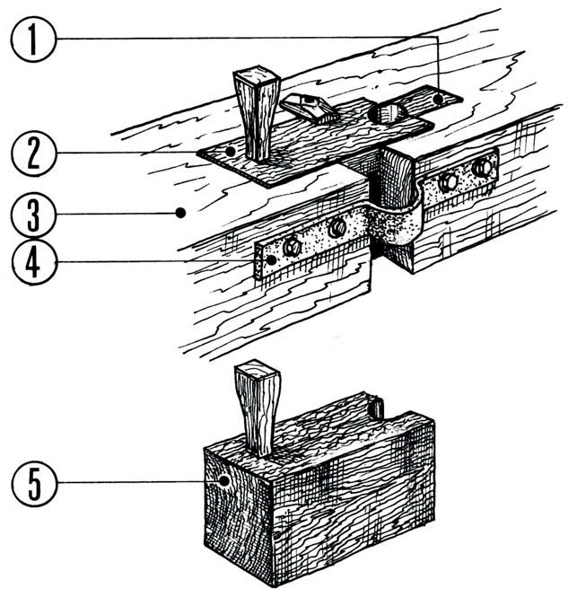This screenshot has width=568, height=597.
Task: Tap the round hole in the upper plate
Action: [387, 114]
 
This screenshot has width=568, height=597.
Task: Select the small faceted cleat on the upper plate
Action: [307, 107]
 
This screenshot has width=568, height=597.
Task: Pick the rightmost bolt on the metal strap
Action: [484, 166]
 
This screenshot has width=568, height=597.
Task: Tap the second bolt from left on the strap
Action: [336, 229]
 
